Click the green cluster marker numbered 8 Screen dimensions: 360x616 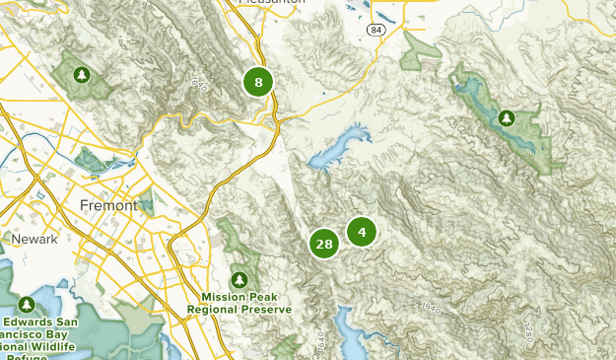pos(258,82)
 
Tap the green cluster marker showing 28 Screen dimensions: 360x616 pos(323,244)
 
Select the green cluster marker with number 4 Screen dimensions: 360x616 pos(362,232)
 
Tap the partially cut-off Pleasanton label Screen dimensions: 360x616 pos(272,3)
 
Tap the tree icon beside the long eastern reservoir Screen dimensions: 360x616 pos(506,118)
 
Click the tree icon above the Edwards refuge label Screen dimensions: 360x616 pos(27,304)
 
